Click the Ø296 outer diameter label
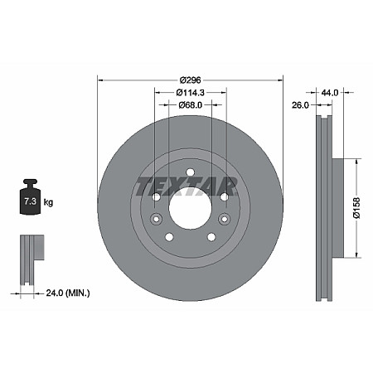[190, 79]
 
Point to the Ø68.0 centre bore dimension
[190, 105]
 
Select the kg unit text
[49, 201]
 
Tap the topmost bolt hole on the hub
[190, 172]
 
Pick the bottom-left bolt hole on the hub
[169, 237]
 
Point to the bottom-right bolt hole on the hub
[211, 237]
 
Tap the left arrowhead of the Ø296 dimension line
[102, 79]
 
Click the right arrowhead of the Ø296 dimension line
[279, 79]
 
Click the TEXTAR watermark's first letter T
[142, 183]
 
